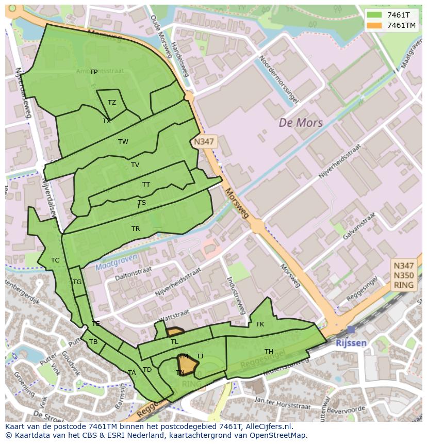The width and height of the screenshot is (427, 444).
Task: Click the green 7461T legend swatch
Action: pos(374,15)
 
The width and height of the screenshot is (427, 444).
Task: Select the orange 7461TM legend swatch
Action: pos(374,25)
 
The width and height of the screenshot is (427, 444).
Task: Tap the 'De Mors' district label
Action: pos(301,123)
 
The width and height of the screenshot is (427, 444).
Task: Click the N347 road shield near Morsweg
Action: pos(204,141)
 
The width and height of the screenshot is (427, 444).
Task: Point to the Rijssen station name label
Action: pos(351,343)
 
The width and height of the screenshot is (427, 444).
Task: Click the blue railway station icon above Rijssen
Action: pos(351,330)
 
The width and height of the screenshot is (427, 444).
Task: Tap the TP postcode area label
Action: pos(93,72)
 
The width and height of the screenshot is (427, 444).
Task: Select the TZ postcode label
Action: pos(112,103)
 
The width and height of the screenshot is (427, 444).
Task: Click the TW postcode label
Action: pos(123,142)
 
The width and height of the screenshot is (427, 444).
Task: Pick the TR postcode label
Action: pos(135,229)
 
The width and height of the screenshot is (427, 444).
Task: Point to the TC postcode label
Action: pos(55,260)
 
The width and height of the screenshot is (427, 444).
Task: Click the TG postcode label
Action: pos(77,282)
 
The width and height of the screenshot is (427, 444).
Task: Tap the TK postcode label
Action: pos(260,324)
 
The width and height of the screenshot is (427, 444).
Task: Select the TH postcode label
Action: pos(269,352)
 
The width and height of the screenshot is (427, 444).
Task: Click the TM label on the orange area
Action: pos(183,356)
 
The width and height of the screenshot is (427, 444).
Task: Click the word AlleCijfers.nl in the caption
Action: pos(268,426)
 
